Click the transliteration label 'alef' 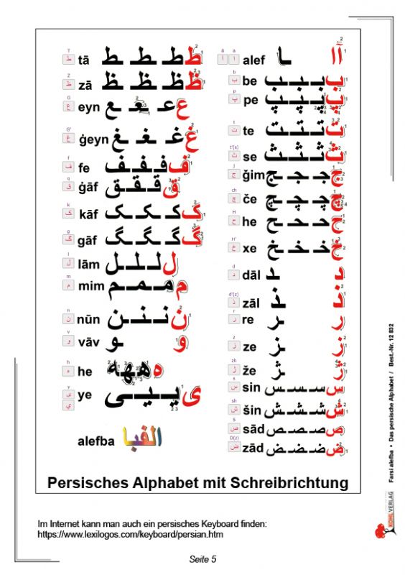(254, 60)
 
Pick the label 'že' (249, 369)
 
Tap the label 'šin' (251, 409)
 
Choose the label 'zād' (253, 449)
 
